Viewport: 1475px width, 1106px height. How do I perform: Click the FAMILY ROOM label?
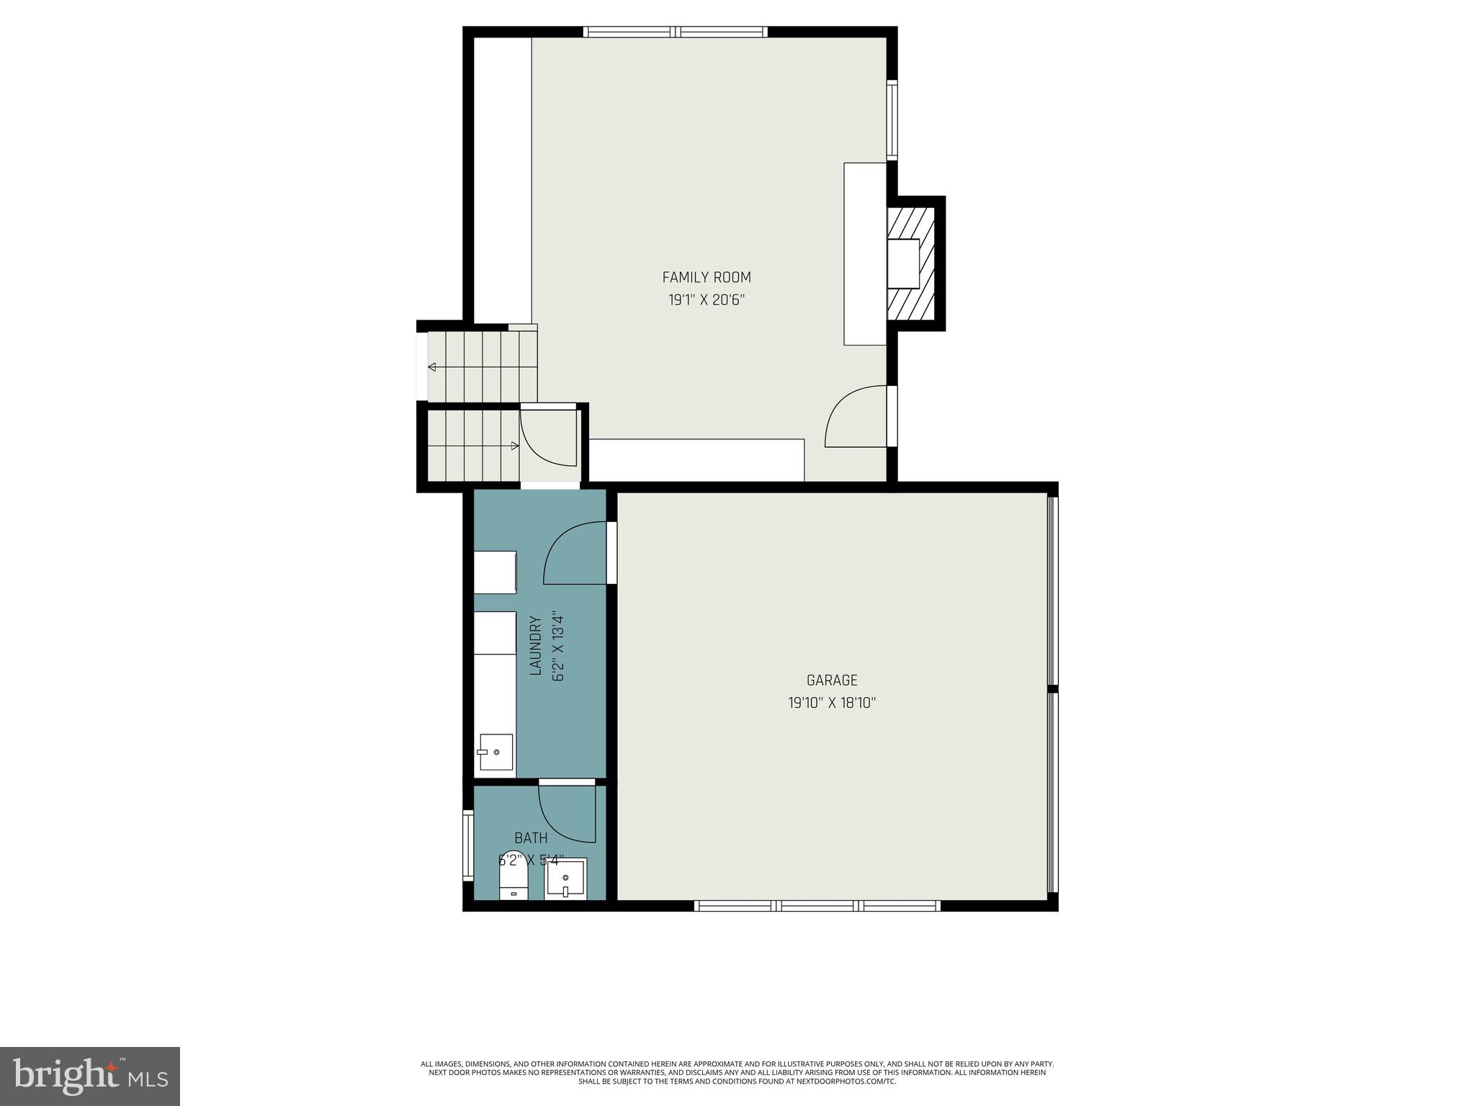point(706,277)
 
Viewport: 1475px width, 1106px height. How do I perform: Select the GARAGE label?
point(831,680)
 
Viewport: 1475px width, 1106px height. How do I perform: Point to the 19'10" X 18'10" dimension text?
point(831,703)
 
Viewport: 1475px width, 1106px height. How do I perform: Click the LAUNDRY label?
point(535,645)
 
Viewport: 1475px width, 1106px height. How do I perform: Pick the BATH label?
point(531,838)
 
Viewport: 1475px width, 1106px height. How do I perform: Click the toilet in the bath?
point(514,881)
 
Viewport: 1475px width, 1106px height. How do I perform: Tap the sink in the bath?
point(565,879)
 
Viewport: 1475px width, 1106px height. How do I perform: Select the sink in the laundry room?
point(496,752)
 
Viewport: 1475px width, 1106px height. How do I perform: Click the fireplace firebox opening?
point(903,264)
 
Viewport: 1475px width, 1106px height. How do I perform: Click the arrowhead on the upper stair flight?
point(432,367)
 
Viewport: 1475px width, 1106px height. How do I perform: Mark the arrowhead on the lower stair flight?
point(514,446)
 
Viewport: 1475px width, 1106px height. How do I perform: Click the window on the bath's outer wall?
point(468,845)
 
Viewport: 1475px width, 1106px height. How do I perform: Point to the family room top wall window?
point(675,32)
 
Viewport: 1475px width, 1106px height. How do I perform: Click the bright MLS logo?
point(90,1076)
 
